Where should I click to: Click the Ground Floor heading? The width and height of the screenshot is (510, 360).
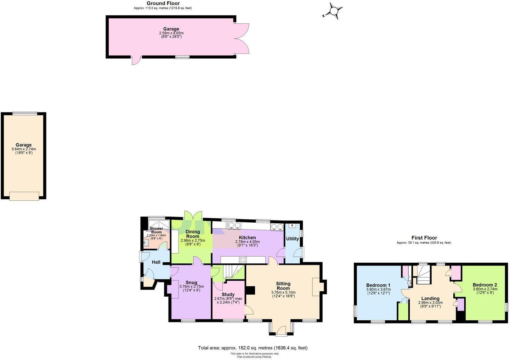point(163,4)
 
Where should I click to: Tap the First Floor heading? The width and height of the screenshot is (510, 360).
point(424,238)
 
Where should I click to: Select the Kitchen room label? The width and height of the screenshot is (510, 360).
point(247,238)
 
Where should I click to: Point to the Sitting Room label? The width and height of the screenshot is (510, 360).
point(283,286)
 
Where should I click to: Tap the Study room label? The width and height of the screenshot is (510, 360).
point(228,295)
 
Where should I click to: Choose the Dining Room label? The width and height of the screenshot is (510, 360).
point(193,234)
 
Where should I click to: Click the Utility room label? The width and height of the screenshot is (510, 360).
point(293,239)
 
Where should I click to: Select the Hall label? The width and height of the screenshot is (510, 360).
point(156,262)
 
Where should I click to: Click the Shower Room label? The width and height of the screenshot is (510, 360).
point(156,230)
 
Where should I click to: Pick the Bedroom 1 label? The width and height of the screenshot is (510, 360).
point(378,285)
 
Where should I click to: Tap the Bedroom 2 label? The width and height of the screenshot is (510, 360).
point(485,285)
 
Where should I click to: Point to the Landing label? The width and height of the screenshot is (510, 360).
point(430,298)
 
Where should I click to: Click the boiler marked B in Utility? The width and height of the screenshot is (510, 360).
point(292,225)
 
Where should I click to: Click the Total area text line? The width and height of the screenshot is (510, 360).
point(253,348)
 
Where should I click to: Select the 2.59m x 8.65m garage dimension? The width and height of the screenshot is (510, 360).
point(171,33)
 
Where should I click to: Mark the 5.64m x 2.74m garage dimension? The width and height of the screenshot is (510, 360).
point(24,149)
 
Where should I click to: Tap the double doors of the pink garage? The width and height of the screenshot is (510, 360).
point(242,39)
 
